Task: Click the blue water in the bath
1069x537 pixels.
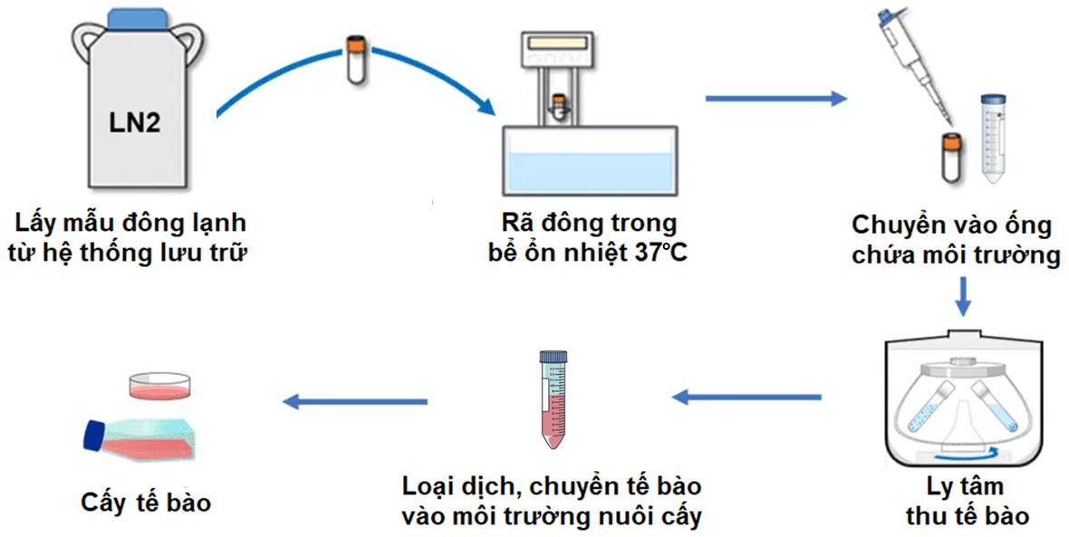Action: pyautogui.click(x=590, y=172)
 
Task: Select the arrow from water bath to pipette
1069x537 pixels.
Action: pyautogui.click(x=775, y=98)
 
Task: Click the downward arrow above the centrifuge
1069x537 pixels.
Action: pyautogui.click(x=966, y=297)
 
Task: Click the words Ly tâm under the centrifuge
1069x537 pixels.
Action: pyautogui.click(x=968, y=486)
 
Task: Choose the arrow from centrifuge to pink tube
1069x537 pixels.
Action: pyautogui.click(x=747, y=397)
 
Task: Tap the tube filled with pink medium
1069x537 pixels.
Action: pyautogui.click(x=553, y=398)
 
